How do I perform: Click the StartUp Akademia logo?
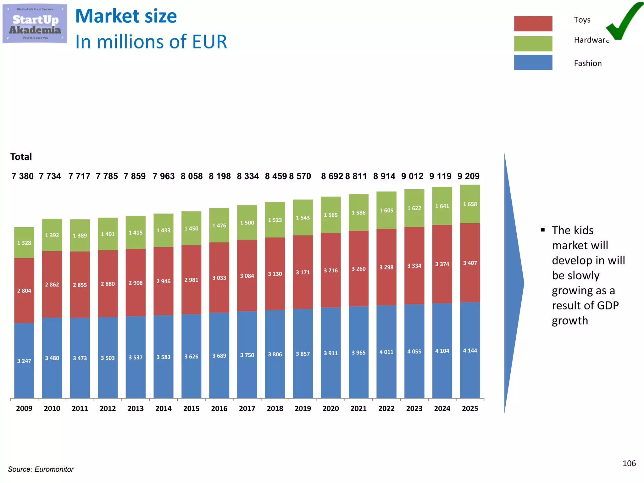point(35,24)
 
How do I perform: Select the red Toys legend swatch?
point(533,24)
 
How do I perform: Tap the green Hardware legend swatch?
point(533,44)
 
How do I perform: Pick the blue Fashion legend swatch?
point(533,63)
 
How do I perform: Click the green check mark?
point(624,22)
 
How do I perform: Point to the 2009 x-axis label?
point(24,408)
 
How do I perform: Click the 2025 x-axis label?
point(470,408)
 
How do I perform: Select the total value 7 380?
point(23,176)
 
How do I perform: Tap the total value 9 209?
point(468,176)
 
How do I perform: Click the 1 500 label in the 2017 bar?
point(247,223)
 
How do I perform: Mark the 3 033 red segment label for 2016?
point(219,278)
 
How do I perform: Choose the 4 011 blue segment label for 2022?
point(386,352)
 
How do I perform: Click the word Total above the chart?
point(21,157)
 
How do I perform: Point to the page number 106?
point(629,463)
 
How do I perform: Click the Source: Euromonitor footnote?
point(41,469)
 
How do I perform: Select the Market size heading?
point(126,16)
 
